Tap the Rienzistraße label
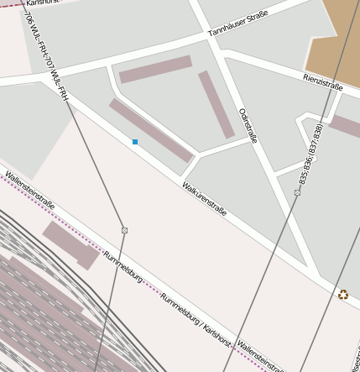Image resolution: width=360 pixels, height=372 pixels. pyautogui.click(x=323, y=81)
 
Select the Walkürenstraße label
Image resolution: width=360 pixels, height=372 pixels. pyautogui.click(x=205, y=199)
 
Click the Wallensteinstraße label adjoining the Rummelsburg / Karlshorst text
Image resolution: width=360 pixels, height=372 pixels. pyautogui.click(x=261, y=355)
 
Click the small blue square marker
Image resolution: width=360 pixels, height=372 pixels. pyautogui.click(x=135, y=142)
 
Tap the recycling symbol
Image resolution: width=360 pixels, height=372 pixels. pyautogui.click(x=342, y=294)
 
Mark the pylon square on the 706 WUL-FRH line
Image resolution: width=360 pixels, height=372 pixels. pyautogui.click(x=124, y=230)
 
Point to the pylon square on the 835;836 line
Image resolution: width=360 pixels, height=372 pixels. pyautogui.click(x=297, y=192)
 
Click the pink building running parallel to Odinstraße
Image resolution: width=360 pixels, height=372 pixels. pyautogui.click(x=216, y=104)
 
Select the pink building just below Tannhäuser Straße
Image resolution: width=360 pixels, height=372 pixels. pyautogui.click(x=155, y=69)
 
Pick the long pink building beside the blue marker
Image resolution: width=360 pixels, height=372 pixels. pyautogui.click(x=151, y=129)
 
